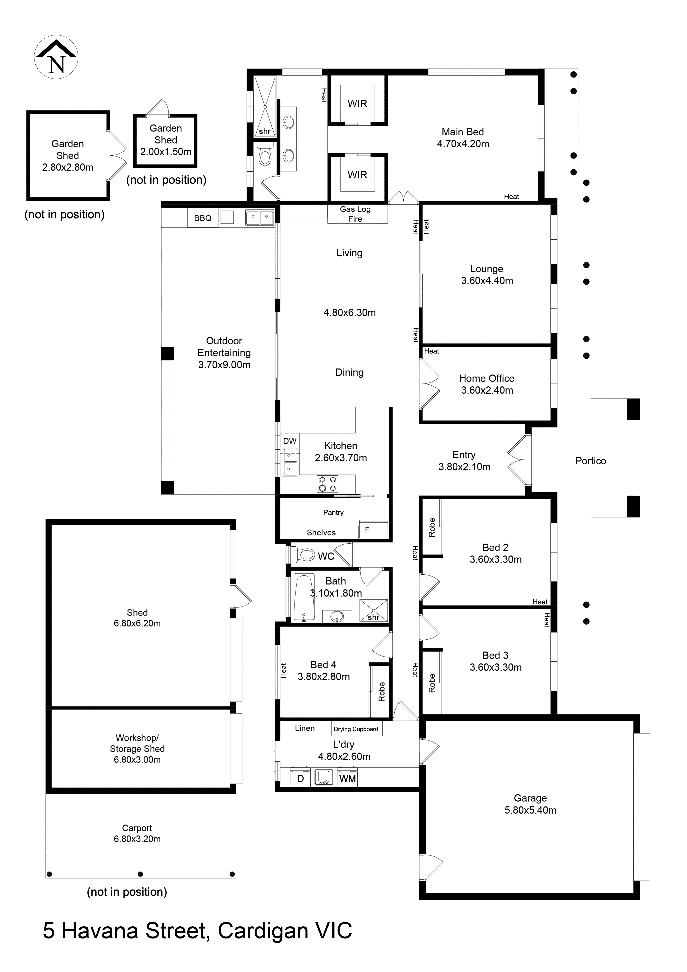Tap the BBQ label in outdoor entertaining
click(203, 218)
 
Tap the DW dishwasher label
click(290, 441)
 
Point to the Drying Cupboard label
click(356, 729)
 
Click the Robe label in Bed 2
click(432, 527)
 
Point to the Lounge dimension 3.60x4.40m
click(487, 281)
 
